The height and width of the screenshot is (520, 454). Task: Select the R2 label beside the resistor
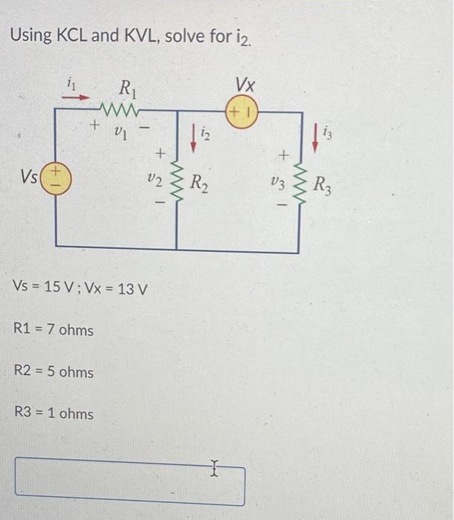200,181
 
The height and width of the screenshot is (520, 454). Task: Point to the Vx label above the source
244,82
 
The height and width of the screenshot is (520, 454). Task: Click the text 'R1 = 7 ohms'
54,329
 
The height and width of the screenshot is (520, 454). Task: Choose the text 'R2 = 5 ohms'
54,371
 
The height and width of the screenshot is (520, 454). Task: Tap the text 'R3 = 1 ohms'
54,413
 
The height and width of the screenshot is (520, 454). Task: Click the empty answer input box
130,481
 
